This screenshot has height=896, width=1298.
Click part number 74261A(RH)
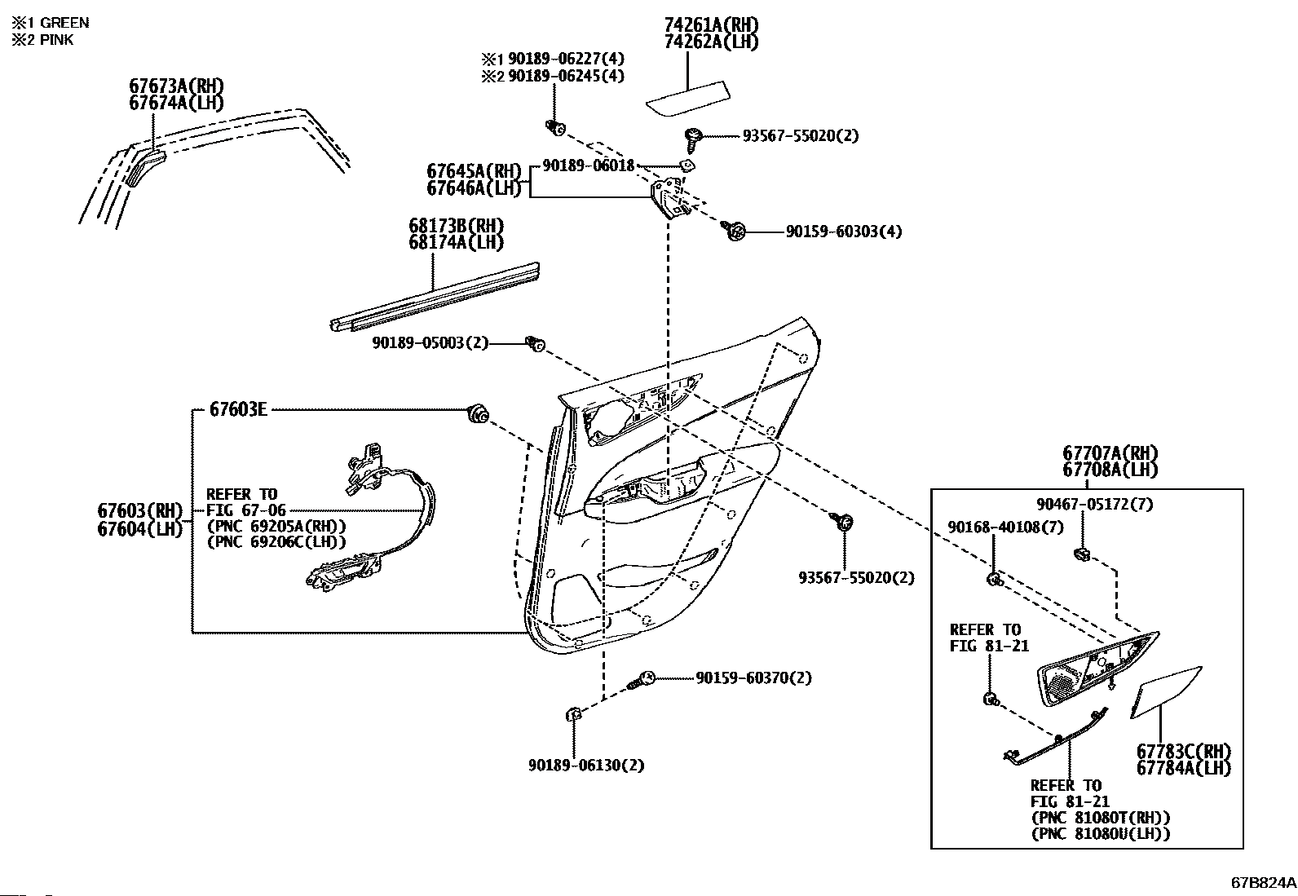711,25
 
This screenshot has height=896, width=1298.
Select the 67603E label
238,410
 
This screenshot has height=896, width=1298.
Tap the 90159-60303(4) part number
844,232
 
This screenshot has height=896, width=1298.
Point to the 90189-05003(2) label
430,343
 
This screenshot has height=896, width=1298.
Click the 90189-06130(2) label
586,766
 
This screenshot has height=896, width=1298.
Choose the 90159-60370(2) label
754,678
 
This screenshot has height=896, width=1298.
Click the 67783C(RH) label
1184,752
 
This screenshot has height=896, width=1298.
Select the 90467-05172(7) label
1095,505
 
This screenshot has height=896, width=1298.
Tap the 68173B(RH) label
456,226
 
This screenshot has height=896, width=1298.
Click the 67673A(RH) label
176,86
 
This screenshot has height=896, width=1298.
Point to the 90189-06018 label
589,166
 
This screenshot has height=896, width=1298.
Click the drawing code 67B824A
1263,883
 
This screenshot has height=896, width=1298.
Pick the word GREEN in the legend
65,23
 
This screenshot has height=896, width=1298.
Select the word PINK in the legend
57,40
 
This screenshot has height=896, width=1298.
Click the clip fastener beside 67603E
478,414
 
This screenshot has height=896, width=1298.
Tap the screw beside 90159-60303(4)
732,231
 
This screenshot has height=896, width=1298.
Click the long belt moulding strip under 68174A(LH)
435,298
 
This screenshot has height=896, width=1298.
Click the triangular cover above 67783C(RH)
1165,693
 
